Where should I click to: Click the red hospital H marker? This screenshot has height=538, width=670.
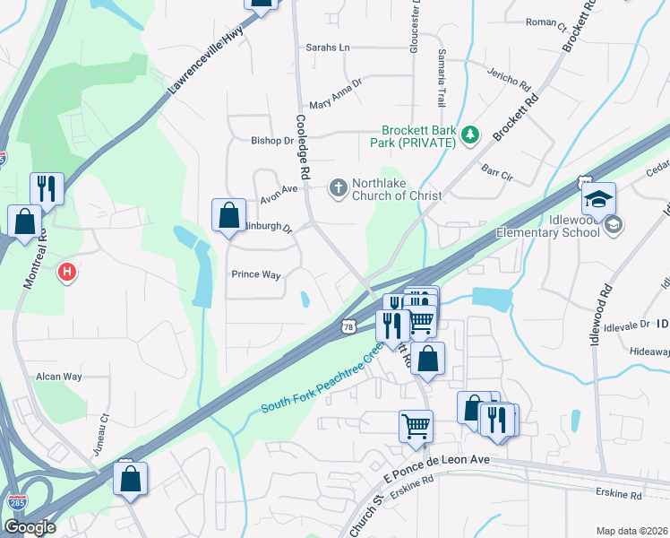pos(65,272)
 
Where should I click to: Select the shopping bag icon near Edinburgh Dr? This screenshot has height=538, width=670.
pos(228,216)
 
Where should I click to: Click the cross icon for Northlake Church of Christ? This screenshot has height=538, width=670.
pos(338,187)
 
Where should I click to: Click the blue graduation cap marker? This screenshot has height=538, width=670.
pos(598,199)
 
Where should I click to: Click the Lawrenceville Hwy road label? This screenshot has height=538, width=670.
pos(205,63)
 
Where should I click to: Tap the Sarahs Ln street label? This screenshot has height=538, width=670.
pos(327,48)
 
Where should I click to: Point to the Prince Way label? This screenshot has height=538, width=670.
pos(256,274)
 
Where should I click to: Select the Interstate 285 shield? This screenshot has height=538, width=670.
pos(15,503)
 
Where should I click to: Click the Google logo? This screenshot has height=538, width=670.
pos(29,527)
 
